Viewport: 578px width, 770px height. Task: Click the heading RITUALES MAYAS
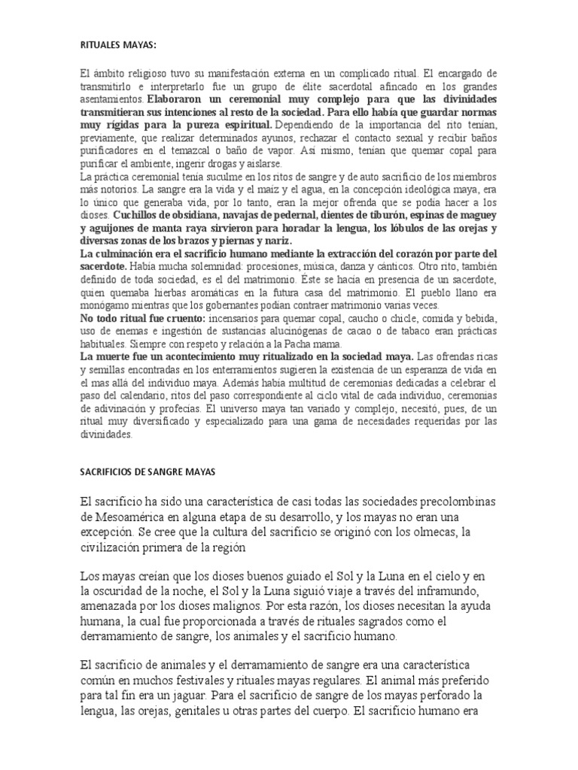pyautogui.click(x=118, y=45)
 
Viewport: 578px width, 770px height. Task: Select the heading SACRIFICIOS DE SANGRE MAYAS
pyautogui.click(x=148, y=471)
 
